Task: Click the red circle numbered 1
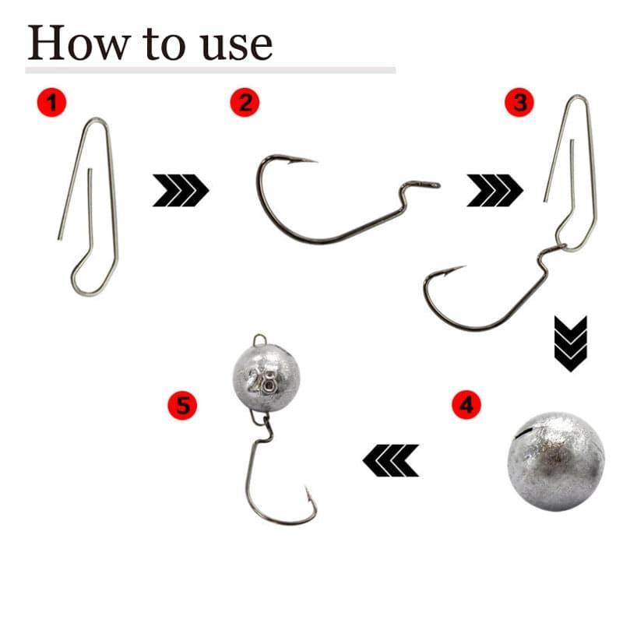(51, 103)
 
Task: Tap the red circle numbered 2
(245, 103)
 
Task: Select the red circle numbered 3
(519, 103)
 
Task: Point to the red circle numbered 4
(466, 404)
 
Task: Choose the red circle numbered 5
(182, 405)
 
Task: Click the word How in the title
(79, 43)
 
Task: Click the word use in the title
(238, 47)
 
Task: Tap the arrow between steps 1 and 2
(181, 190)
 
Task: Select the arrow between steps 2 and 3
(495, 190)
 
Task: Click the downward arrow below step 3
(571, 344)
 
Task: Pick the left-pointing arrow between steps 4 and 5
(391, 460)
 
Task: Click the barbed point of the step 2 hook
(303, 160)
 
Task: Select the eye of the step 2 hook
(432, 185)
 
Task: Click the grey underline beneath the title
(210, 70)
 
